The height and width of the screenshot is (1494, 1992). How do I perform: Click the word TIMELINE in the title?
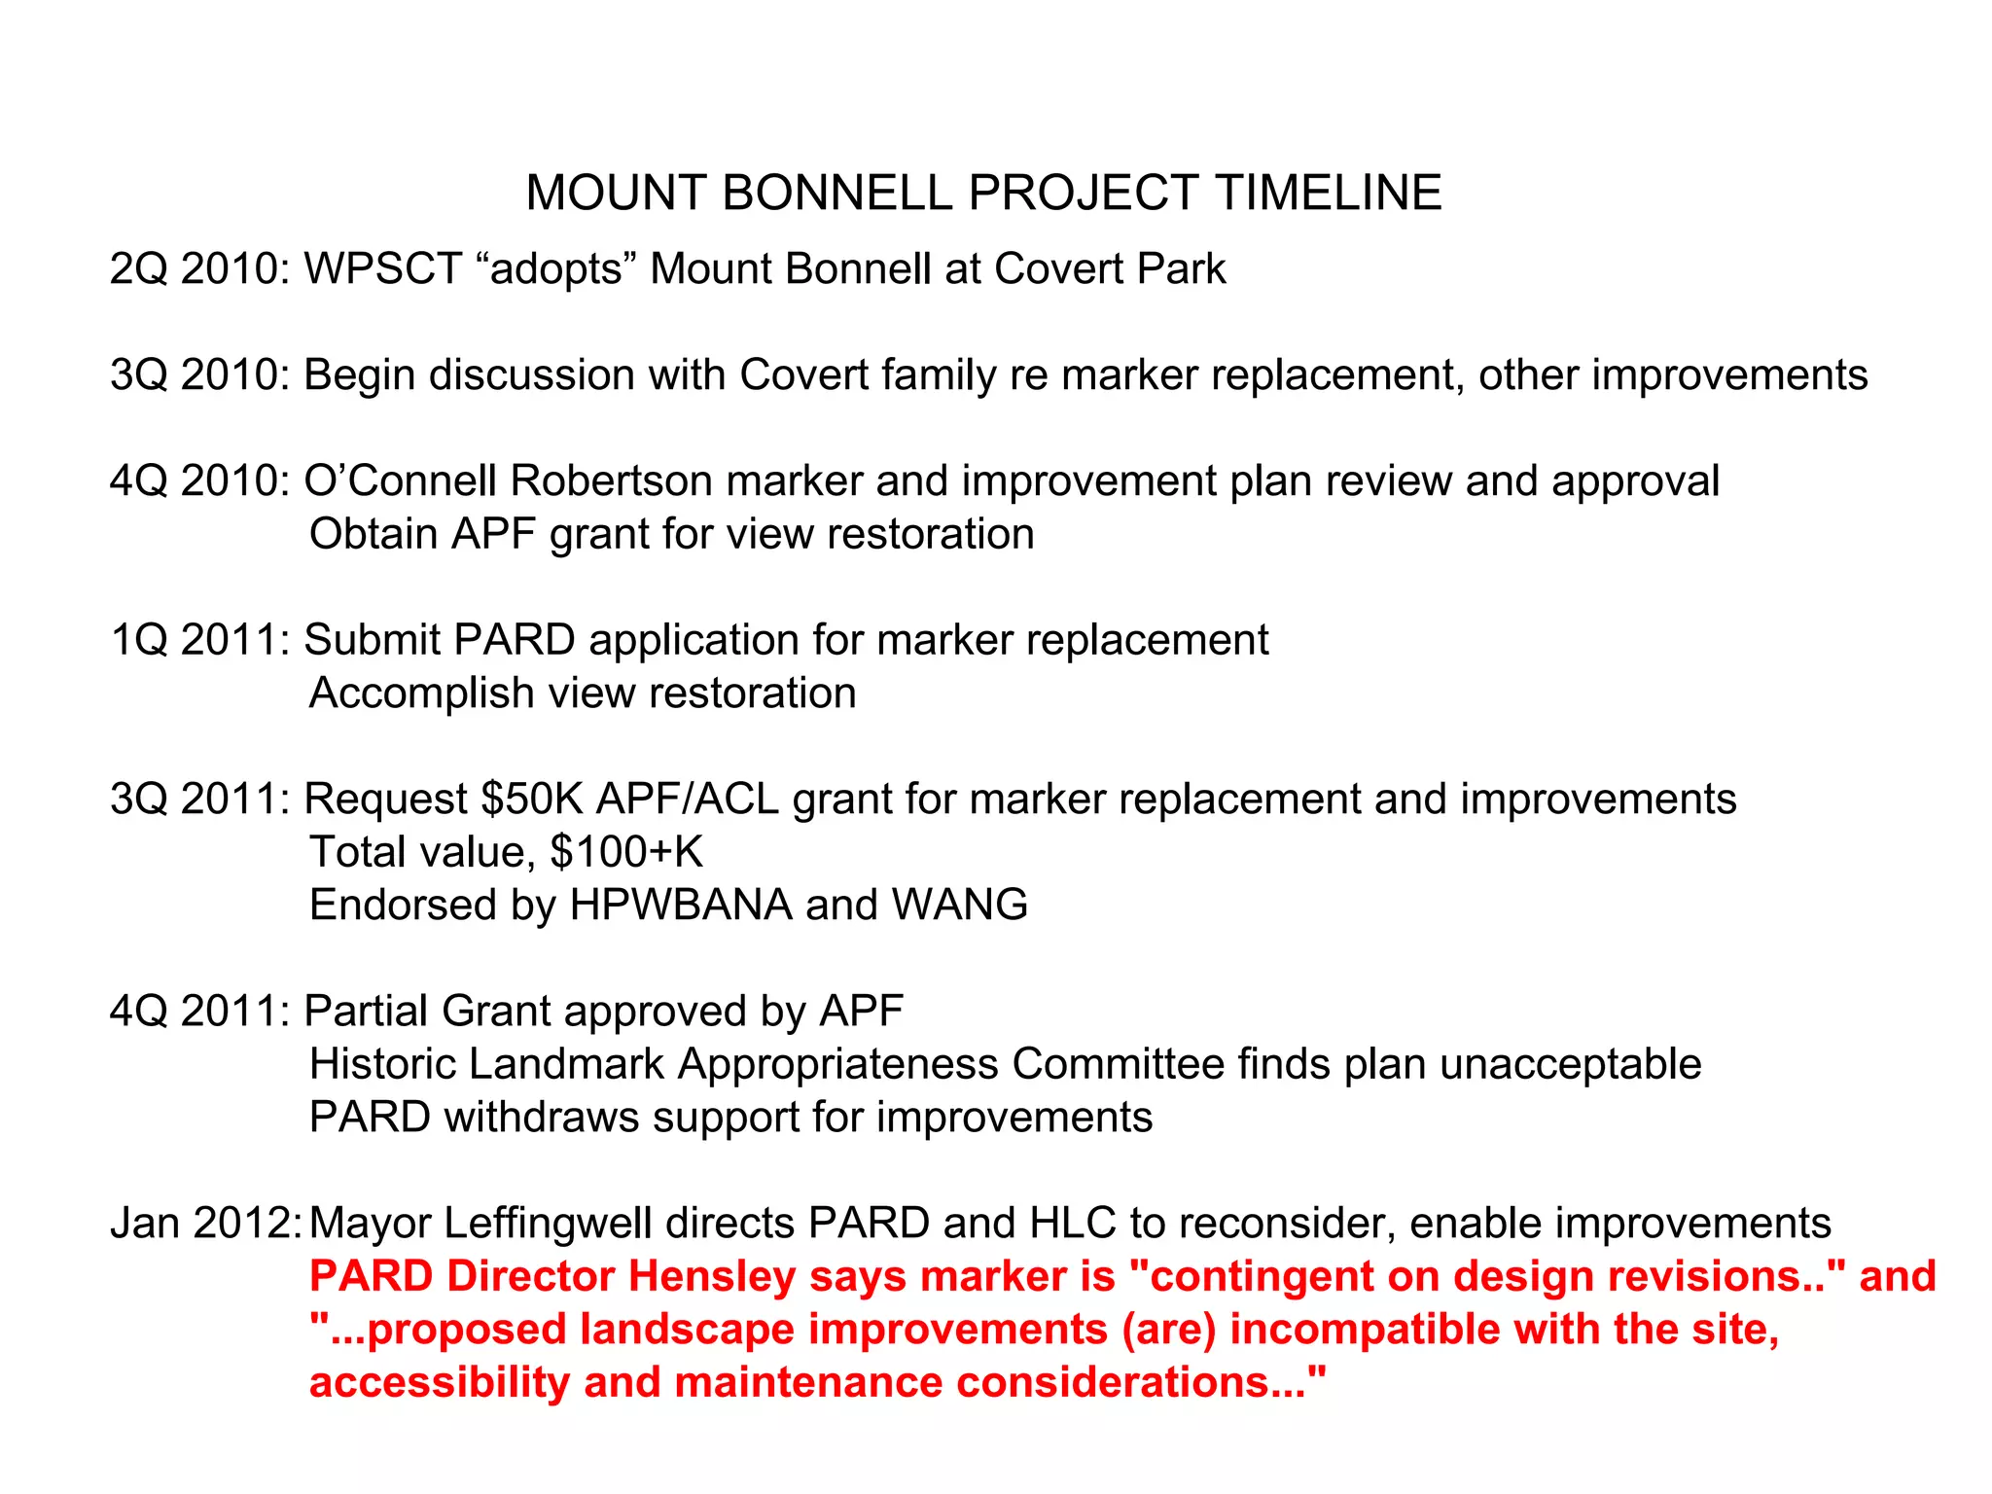point(1328,193)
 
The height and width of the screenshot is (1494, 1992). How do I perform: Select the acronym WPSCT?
point(382,269)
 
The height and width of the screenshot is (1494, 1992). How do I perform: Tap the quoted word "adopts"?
point(555,269)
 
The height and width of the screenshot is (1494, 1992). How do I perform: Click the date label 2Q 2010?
point(198,269)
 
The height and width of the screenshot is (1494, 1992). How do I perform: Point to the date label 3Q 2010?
point(198,375)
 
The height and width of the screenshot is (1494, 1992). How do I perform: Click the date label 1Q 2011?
point(198,640)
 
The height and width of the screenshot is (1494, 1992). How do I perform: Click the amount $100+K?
point(625,852)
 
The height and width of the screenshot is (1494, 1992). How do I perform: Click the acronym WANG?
point(959,906)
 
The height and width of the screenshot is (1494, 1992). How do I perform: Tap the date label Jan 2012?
point(204,1224)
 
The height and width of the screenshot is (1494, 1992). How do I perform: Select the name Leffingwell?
point(547,1224)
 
